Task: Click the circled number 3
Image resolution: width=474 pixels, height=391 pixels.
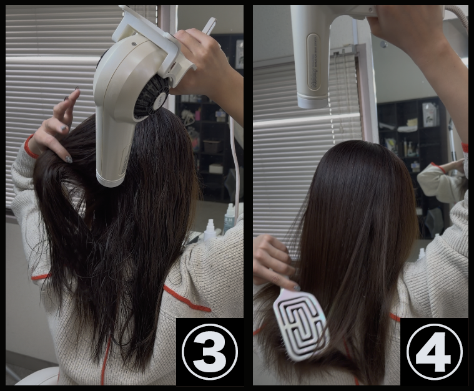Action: tap(209, 352)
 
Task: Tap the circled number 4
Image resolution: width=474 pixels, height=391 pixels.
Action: tap(435, 352)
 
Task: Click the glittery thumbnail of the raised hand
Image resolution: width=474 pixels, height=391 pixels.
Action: tap(69, 159)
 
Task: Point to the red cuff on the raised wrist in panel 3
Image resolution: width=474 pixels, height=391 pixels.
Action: tap(30, 147)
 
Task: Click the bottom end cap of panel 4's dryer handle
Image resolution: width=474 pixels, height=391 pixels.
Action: tap(313, 101)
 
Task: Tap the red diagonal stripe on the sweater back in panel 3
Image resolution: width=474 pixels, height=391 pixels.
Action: tap(187, 299)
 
